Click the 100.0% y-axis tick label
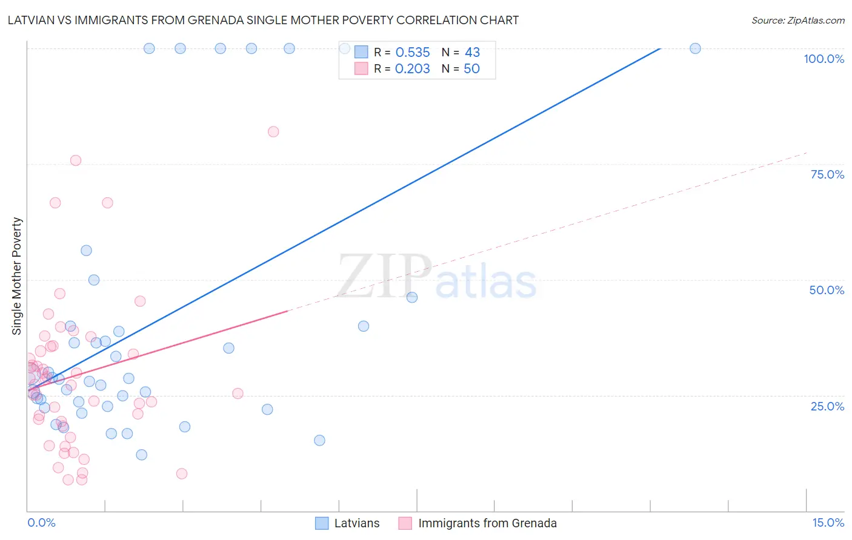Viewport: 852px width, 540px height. (824, 59)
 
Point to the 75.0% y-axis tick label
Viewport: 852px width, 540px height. (827, 174)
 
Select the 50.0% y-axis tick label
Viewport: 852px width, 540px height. (827, 290)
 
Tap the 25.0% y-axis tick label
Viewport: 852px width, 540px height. (827, 406)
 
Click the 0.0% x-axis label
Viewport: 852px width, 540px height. (41, 522)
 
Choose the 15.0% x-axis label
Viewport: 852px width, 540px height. (828, 522)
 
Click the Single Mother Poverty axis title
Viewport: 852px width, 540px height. (17, 276)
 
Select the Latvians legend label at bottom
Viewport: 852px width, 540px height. (356, 523)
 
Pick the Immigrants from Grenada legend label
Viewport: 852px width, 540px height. (487, 523)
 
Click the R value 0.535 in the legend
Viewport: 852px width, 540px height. (413, 52)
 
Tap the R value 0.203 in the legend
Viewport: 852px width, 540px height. (412, 68)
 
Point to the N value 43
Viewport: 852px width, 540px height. (472, 52)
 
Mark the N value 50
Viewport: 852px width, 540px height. (471, 68)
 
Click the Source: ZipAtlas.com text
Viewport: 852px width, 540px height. (797, 20)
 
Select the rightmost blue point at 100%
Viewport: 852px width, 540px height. (695, 48)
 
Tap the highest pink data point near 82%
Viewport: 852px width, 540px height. (273, 131)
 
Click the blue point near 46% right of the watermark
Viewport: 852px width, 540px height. (412, 297)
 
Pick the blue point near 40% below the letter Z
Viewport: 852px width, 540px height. (364, 326)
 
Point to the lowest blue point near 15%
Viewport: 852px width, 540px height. (319, 440)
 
